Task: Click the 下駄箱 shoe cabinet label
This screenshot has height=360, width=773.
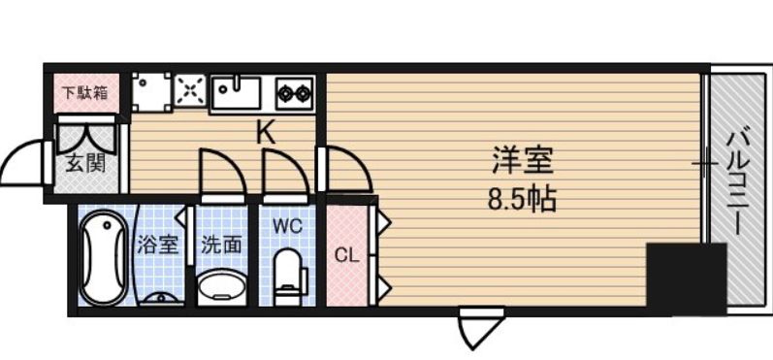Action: (x=86, y=94)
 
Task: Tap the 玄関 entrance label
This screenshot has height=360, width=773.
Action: (x=86, y=162)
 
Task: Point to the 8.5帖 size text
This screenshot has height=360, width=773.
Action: (x=521, y=200)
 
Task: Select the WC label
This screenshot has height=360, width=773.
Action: (x=287, y=226)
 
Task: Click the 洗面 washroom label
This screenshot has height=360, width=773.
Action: (x=220, y=245)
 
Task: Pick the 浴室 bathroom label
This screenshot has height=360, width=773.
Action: (x=158, y=244)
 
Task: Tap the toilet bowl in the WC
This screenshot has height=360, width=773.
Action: (x=288, y=277)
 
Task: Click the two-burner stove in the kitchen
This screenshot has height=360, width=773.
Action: (x=294, y=94)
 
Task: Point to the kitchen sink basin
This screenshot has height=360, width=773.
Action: (x=237, y=93)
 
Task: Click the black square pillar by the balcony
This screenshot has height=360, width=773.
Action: (x=686, y=278)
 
